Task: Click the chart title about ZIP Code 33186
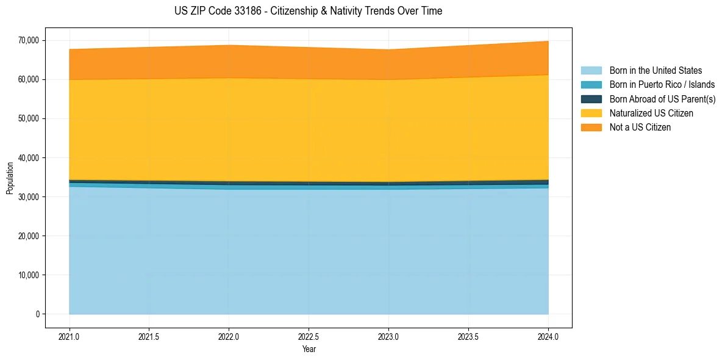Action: click(x=308, y=11)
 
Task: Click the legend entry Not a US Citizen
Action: click(x=640, y=127)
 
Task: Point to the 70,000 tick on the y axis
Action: click(x=29, y=40)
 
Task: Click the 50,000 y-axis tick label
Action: click(x=29, y=118)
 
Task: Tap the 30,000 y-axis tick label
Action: click(x=29, y=197)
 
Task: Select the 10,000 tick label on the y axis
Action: click(x=29, y=275)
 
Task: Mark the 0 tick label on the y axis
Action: click(x=37, y=314)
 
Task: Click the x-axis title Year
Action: click(x=309, y=349)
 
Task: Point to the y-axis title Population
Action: click(x=10, y=178)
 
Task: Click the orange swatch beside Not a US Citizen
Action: click(x=591, y=127)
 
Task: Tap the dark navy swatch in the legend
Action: click(x=591, y=99)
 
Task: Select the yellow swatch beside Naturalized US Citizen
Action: click(x=591, y=113)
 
